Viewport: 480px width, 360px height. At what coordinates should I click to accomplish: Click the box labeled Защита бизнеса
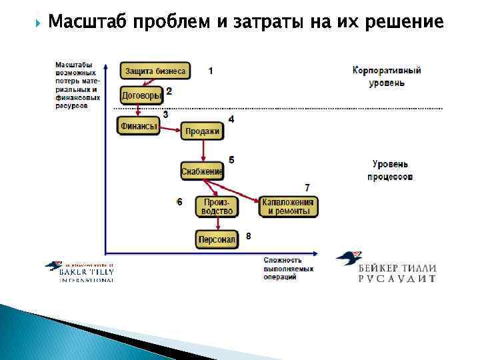(155, 71)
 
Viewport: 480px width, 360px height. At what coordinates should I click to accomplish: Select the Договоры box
(141, 95)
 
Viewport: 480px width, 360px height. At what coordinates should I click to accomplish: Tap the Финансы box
(139, 125)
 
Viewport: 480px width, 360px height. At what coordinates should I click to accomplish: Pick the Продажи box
(202, 131)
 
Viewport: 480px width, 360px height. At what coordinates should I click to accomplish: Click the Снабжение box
(202, 171)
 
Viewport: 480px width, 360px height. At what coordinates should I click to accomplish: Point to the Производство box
(217, 206)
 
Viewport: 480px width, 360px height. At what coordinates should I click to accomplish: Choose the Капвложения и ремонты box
(288, 206)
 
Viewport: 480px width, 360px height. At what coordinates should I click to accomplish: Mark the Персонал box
(217, 239)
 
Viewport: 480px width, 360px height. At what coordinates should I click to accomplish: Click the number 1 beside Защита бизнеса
(211, 70)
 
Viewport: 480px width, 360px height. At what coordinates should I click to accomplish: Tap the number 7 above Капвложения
(307, 187)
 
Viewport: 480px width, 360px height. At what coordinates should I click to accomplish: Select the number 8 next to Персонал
(248, 236)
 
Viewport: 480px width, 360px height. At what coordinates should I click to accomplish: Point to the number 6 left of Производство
(179, 201)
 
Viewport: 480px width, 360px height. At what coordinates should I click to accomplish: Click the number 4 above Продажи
(231, 119)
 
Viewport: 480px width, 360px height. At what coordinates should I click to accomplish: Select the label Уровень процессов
(390, 170)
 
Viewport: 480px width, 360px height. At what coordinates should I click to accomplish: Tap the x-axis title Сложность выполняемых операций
(283, 268)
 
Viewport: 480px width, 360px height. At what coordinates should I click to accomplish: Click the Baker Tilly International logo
(79, 271)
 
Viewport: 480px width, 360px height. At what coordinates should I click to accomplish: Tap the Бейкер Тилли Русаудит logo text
(397, 273)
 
